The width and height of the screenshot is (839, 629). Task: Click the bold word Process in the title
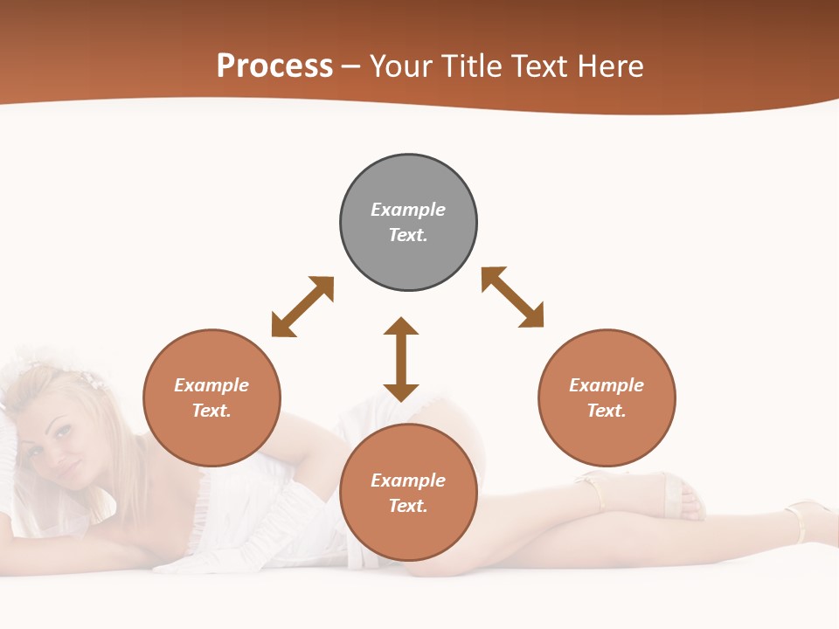[274, 66]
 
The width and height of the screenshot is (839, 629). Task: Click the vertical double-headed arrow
[401, 359]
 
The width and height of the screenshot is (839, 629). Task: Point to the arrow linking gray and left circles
[302, 307]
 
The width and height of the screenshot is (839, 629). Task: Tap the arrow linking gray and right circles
[512, 297]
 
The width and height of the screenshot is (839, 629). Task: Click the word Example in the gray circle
[408, 210]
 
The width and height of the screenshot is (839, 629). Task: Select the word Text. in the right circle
[607, 411]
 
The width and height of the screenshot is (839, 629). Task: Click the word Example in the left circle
[211, 385]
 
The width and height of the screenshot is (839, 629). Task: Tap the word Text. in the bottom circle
[408, 506]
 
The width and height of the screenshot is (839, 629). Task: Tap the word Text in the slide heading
[538, 66]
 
